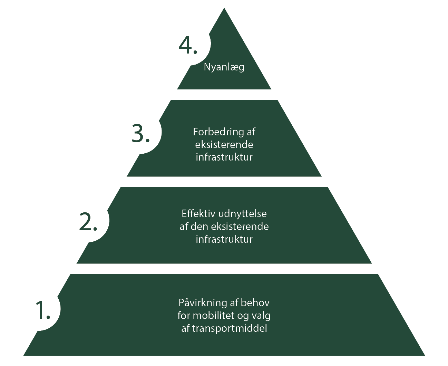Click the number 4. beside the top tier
coord(188,45)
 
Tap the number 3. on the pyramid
coord(140,134)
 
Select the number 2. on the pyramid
coord(88,222)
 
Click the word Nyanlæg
coord(224,67)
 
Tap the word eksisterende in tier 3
coord(224,144)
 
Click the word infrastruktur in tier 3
coord(224,157)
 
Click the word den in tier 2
coord(199,227)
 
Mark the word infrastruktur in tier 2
coord(224,239)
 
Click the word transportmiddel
coord(230,328)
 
